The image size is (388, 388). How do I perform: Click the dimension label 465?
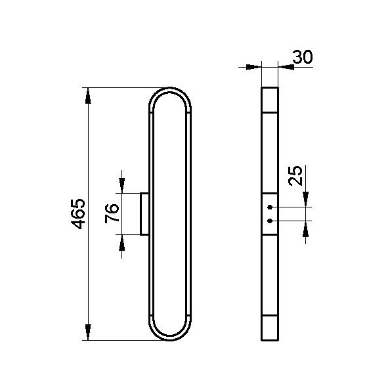pos(78,213)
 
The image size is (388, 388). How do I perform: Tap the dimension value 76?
pos(112,213)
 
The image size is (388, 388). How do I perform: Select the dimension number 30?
pos(303,56)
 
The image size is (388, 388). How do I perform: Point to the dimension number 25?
pos(295,175)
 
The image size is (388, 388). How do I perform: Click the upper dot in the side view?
pos(270,207)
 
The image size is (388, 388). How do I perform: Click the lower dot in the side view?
pos(270,221)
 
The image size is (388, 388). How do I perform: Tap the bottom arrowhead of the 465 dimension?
pos(88,332)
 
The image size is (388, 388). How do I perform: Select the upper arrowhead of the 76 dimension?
pos(121,185)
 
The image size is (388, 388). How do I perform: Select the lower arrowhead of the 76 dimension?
pos(121,242)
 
